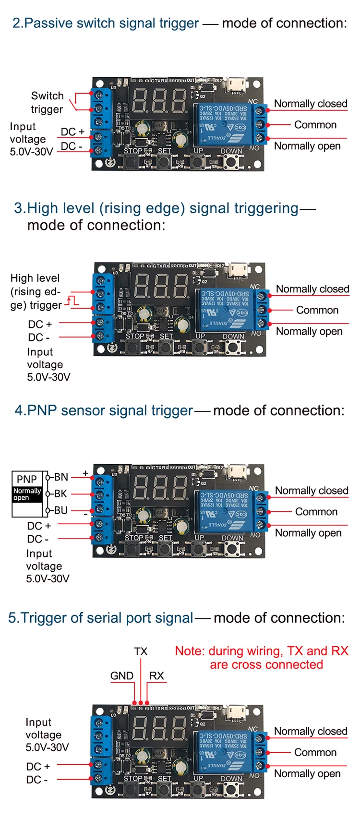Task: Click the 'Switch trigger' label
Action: (x=47, y=102)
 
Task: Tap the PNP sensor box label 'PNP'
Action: (x=26, y=479)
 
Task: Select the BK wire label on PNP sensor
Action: (x=60, y=494)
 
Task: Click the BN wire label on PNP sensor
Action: (x=61, y=477)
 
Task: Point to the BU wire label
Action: (x=61, y=510)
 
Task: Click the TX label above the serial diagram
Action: (x=141, y=651)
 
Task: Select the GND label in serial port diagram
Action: (x=122, y=675)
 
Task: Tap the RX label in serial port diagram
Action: (x=156, y=675)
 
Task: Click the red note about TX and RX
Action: (x=262, y=658)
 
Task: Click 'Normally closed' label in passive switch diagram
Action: (x=311, y=104)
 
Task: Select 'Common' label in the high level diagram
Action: (x=317, y=310)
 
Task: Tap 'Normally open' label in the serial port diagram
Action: (x=307, y=773)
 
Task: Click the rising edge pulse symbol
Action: (x=72, y=301)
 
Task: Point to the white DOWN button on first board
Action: (x=232, y=161)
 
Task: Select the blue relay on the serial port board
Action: (x=223, y=752)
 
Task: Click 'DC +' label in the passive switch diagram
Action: (x=72, y=132)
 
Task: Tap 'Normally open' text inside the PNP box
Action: (x=27, y=494)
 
